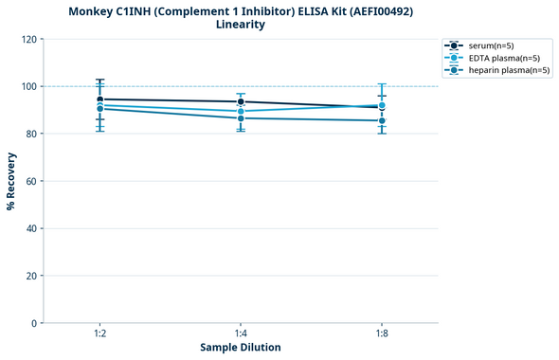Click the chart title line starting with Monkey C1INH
click(241, 10)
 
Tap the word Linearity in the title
click(241, 25)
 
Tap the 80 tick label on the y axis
click(30, 134)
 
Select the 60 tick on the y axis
click(30, 181)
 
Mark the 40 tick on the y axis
click(30, 228)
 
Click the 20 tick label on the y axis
click(30, 276)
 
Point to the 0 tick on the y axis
click(33, 323)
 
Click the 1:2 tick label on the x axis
click(99, 333)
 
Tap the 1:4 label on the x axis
click(241, 333)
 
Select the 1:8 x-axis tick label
click(382, 333)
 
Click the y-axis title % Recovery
click(11, 180)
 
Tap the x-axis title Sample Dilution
click(241, 348)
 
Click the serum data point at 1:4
click(241, 101)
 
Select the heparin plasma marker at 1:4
click(241, 118)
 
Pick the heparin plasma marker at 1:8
click(382, 120)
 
